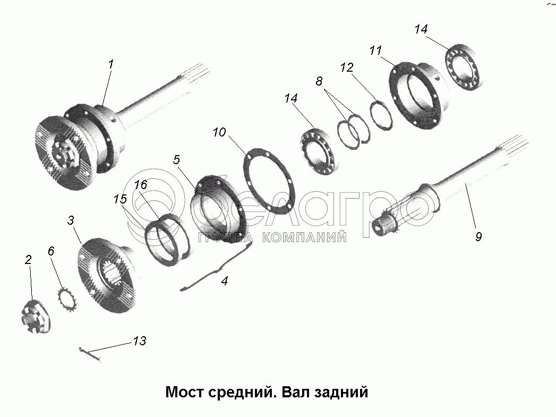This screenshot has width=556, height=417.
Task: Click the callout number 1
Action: point(111,64)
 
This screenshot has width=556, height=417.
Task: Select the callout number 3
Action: point(71,220)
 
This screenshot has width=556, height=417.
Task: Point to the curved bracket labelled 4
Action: point(216,266)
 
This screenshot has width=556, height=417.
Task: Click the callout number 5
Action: point(177,159)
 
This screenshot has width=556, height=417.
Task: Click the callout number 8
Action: point(319,81)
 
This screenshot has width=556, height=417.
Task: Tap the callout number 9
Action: point(478,236)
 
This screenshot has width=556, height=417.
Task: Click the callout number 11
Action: point(375,50)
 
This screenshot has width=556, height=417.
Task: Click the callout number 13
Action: point(140,341)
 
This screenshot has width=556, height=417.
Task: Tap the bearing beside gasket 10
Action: point(318,152)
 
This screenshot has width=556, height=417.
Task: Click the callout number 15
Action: point(120,199)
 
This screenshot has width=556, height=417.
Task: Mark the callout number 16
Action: point(141,185)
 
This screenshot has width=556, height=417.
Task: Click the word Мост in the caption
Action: point(185,392)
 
